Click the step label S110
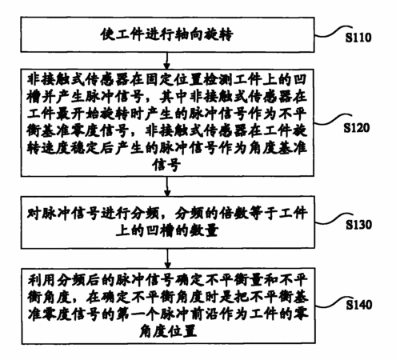[x=358, y=38]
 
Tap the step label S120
[x=356, y=128]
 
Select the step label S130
[x=358, y=225]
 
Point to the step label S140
[x=359, y=305]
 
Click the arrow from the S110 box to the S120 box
[x=167, y=61]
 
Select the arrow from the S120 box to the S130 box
[x=167, y=186]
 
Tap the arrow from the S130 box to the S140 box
[x=167, y=258]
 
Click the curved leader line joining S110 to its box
[x=334, y=31]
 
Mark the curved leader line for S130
[x=334, y=218]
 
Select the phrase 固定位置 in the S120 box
[x=174, y=80]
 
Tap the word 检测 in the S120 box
[x=218, y=80]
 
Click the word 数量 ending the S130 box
[x=204, y=230]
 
